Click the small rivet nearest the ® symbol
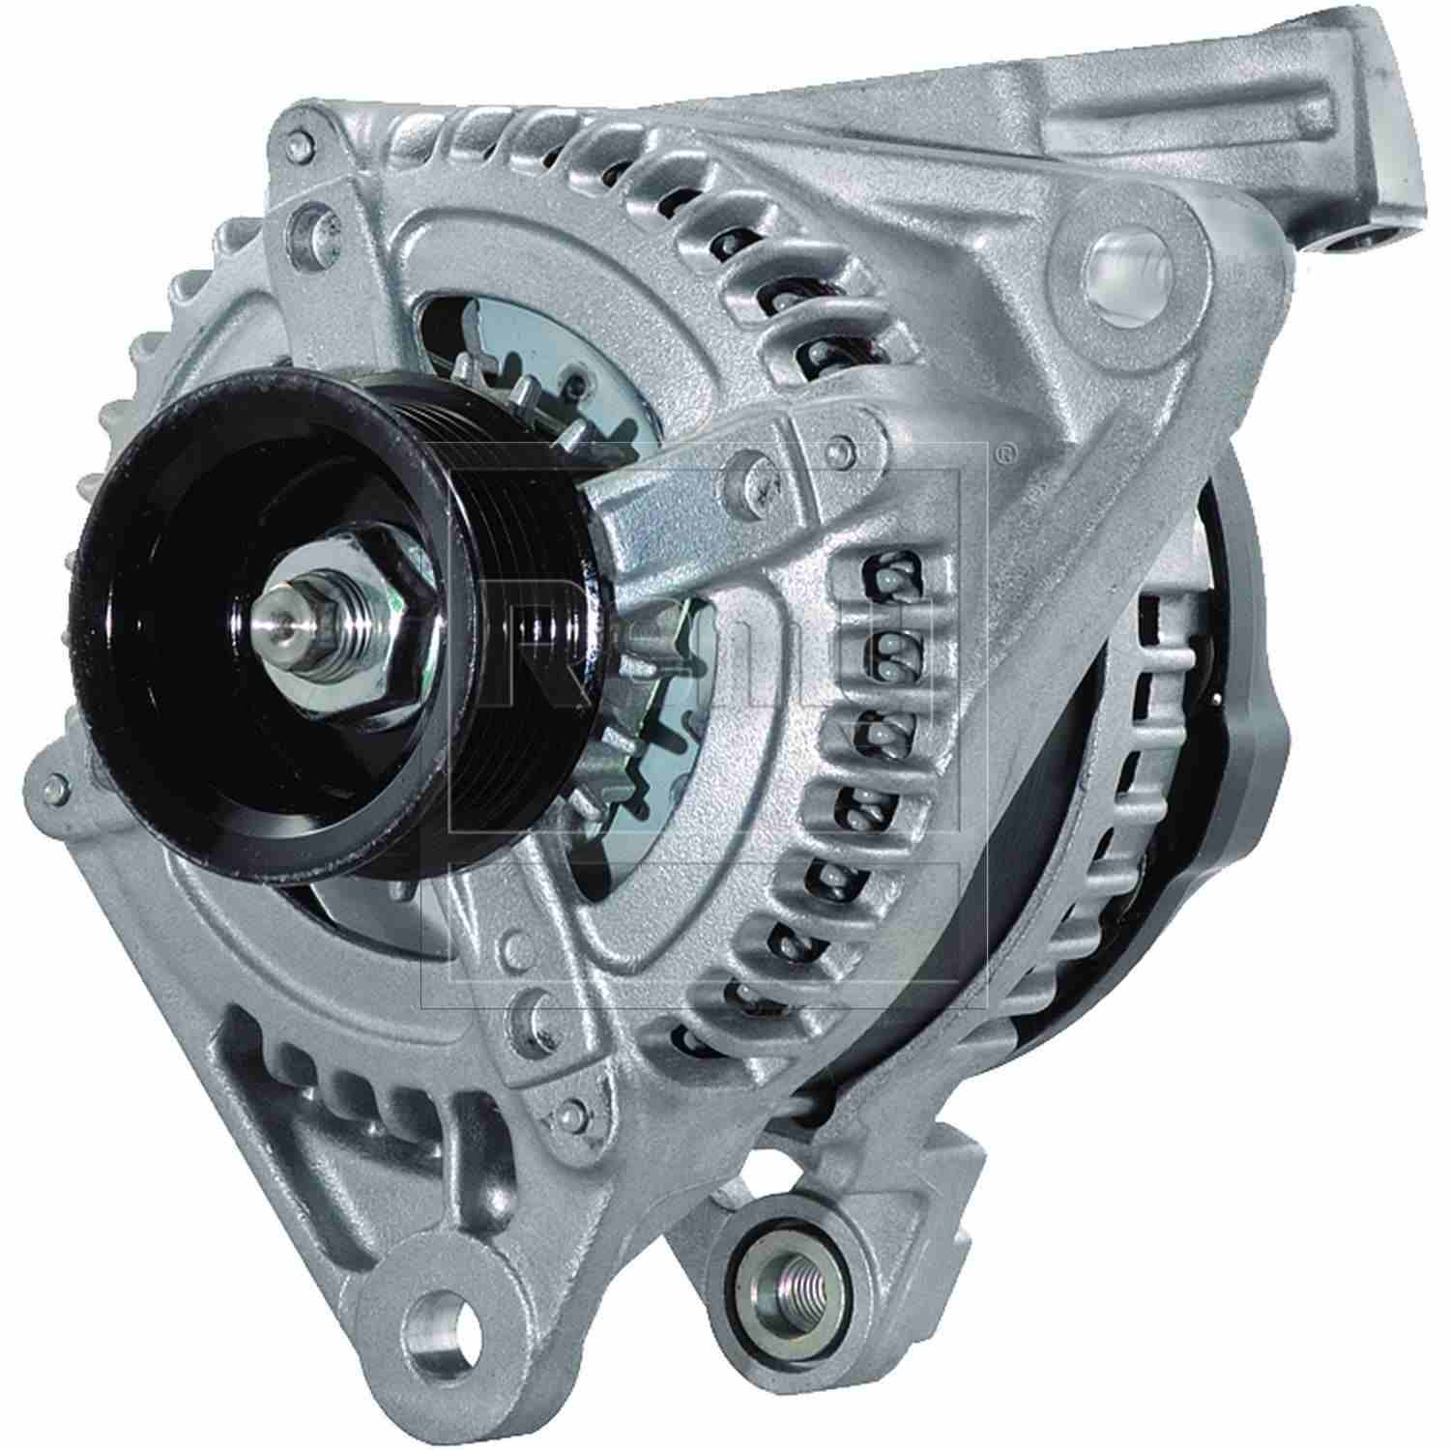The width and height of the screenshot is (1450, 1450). pyautogui.click(x=847, y=446)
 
